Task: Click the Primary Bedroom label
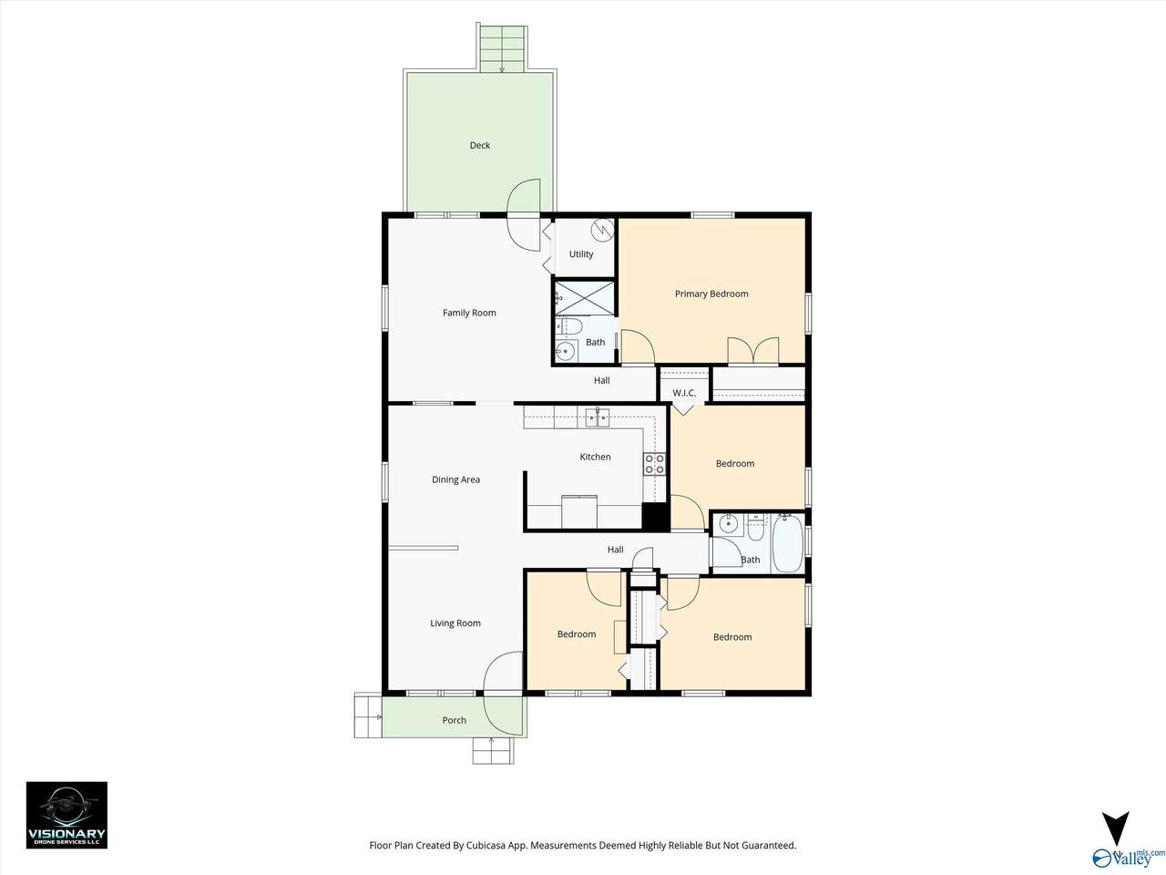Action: point(711,293)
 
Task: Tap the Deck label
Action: point(480,145)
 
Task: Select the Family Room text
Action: point(469,313)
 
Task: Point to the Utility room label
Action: point(581,254)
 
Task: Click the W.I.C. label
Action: point(684,393)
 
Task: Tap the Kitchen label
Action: point(595,457)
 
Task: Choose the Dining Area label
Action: point(455,479)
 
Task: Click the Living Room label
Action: point(455,623)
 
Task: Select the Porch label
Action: point(455,720)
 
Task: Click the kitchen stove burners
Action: point(654,464)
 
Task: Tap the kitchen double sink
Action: point(598,417)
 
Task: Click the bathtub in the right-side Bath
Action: point(788,542)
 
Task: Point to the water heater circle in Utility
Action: point(603,230)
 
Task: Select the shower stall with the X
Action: point(584,297)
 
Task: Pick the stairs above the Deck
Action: point(502,46)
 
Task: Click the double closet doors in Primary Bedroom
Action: point(753,351)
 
